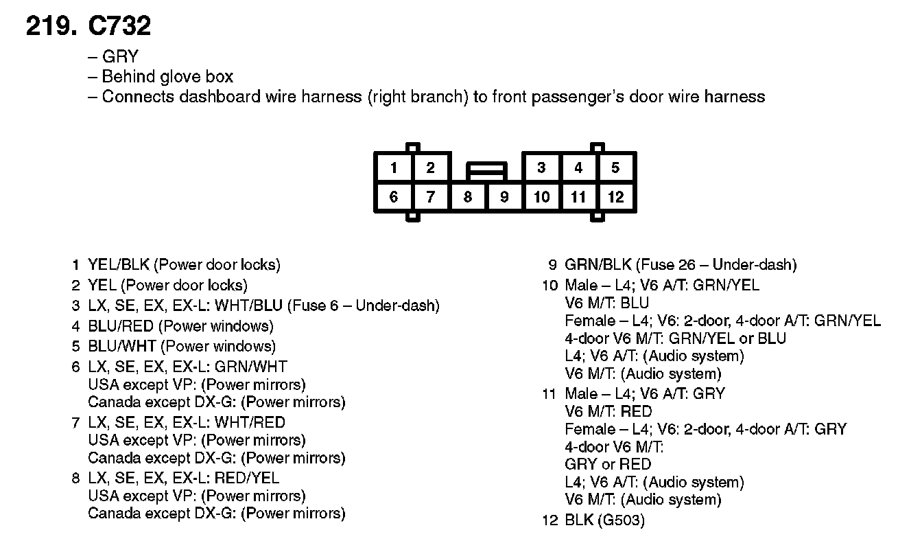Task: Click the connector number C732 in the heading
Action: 119,26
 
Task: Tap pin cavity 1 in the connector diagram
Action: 393,168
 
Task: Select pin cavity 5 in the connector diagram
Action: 615,168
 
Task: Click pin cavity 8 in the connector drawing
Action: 467,198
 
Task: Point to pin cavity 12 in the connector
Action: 615,198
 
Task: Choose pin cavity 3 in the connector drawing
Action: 541,168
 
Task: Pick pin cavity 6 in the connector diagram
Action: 393,198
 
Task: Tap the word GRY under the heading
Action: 120,56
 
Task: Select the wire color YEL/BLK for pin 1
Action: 119,264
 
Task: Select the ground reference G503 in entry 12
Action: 621,520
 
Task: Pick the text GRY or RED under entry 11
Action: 608,464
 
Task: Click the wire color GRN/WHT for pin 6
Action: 250,367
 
